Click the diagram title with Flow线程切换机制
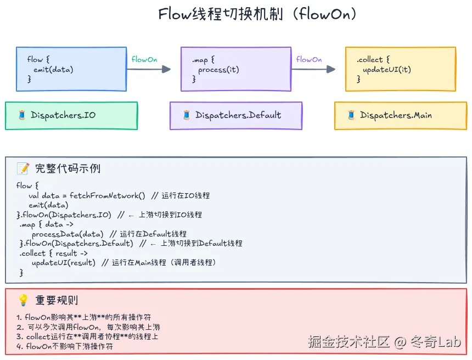point(257,14)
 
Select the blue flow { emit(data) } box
point(71,69)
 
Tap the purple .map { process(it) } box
point(236,69)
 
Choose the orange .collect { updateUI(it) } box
point(401,69)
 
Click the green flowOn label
point(144,59)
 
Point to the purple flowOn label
point(309,59)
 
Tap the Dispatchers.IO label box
point(71,115)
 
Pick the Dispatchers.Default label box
point(236,115)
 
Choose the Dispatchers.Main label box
point(401,115)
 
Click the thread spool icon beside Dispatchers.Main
point(351,115)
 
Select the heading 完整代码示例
point(68,168)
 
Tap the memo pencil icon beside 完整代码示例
point(23,168)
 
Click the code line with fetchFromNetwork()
point(119,195)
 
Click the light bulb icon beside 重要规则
point(23,300)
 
